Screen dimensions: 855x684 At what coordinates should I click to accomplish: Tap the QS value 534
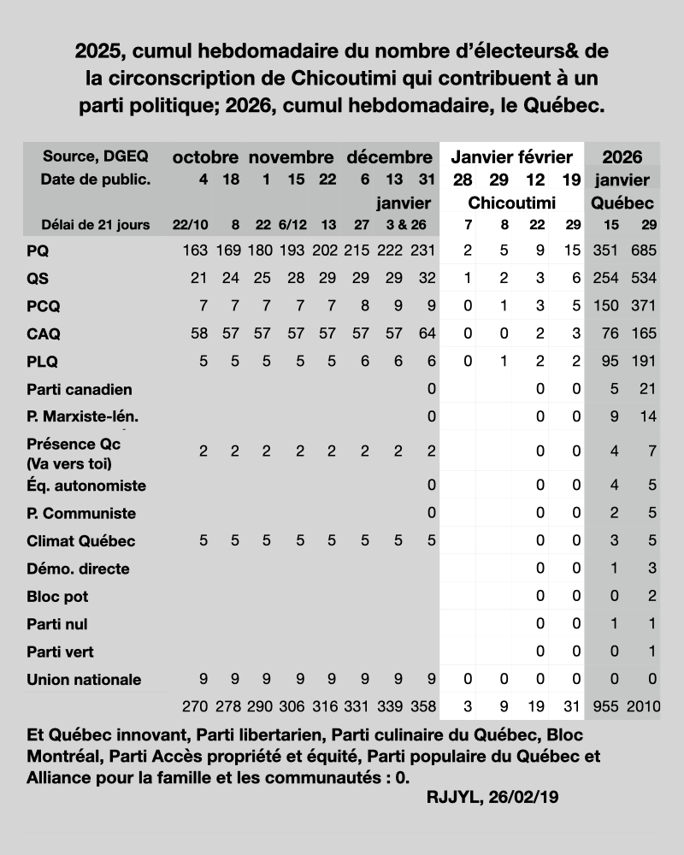point(644,279)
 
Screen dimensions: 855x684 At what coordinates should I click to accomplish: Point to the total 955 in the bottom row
point(606,707)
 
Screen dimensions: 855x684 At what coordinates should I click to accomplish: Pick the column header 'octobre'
point(205,157)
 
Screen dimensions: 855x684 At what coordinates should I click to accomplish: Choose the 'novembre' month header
point(291,157)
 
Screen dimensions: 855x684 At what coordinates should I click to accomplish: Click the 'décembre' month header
point(389,157)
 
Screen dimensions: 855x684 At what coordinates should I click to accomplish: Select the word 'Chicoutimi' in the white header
point(512,203)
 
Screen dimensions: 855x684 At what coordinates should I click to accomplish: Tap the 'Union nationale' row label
point(84,680)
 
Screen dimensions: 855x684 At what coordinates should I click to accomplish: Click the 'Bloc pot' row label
point(57,596)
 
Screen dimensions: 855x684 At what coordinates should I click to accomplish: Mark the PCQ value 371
point(644,306)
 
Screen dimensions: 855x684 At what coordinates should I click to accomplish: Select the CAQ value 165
point(644,334)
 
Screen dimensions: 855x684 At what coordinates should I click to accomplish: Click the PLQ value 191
point(644,362)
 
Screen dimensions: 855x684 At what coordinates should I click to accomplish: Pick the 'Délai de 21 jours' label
point(96,225)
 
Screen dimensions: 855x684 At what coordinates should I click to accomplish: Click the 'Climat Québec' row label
point(80,541)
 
